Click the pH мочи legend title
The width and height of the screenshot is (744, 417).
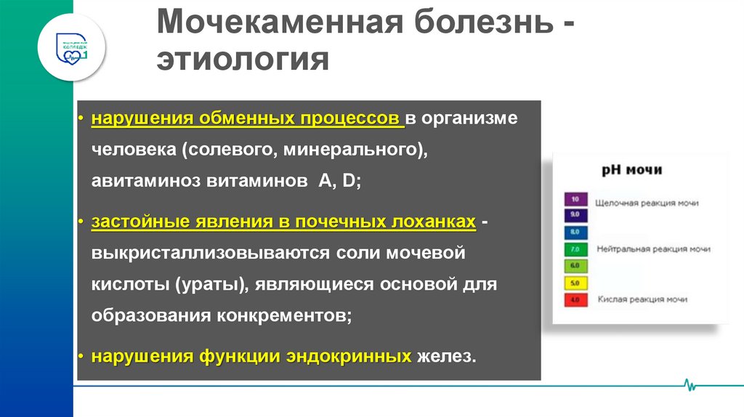click(x=631, y=170)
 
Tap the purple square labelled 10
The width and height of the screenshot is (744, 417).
click(x=575, y=199)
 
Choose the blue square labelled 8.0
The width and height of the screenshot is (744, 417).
click(x=575, y=232)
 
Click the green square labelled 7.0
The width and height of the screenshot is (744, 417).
click(x=575, y=249)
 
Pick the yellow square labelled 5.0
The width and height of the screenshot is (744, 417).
click(x=575, y=283)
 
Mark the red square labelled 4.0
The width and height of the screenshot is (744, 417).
click(x=575, y=299)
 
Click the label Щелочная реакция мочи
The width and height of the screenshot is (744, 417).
click(x=647, y=203)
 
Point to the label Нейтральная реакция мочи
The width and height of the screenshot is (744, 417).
click(x=653, y=249)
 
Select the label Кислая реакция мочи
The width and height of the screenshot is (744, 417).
click(x=642, y=299)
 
